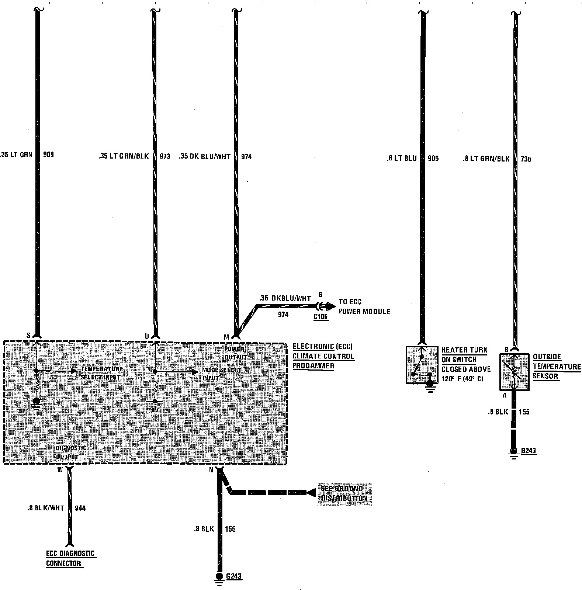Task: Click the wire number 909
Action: [48, 155]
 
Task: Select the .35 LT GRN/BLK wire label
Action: [124, 156]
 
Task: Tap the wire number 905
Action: [433, 159]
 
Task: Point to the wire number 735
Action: [526, 159]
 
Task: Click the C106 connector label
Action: [321, 317]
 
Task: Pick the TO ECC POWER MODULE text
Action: [364, 307]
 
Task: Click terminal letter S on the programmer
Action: [28, 335]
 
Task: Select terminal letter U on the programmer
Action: [147, 336]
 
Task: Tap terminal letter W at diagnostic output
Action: [60, 470]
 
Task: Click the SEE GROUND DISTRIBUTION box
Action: [344, 493]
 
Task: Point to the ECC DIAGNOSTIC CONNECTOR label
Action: [70, 558]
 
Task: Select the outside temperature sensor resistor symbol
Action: [515, 372]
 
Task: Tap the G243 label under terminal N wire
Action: [234, 576]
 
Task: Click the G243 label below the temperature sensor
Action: [529, 451]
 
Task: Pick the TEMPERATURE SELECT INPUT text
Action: [102, 373]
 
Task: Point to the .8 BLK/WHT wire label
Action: [45, 508]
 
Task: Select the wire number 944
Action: [80, 508]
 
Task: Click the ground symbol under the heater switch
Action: [430, 386]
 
